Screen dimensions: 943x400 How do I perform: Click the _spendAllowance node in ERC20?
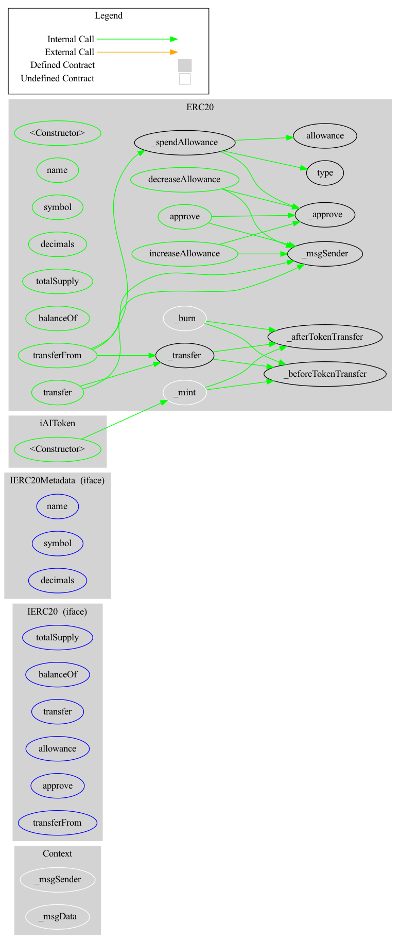tap(184, 143)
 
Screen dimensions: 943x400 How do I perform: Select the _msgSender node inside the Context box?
tap(58, 879)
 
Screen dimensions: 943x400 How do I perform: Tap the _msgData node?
tap(58, 916)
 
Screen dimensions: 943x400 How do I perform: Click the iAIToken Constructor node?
tap(57, 449)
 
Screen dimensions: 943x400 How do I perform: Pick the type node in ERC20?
tap(325, 173)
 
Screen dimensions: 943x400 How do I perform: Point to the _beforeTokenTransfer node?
tap(325, 374)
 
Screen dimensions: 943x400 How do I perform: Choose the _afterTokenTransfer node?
tap(325, 337)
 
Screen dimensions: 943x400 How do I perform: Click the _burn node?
tap(185, 318)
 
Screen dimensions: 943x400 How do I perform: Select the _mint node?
tap(185, 392)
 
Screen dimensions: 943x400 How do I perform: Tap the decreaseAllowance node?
tap(184, 180)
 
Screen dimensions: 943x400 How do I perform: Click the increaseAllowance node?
tap(184, 253)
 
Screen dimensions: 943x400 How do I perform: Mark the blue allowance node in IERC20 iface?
tap(57, 748)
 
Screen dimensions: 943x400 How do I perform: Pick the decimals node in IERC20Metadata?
tap(57, 580)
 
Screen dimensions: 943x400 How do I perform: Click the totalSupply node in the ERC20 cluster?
tap(57, 281)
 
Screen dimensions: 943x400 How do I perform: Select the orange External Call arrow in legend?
tap(137, 52)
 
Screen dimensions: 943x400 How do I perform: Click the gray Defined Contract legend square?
tap(185, 65)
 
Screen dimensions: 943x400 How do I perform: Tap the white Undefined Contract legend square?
tap(185, 79)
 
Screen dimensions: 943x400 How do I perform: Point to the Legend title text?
tap(109, 15)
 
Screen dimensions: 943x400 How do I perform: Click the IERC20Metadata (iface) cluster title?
tap(57, 480)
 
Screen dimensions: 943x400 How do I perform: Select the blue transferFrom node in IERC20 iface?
tap(57, 823)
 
